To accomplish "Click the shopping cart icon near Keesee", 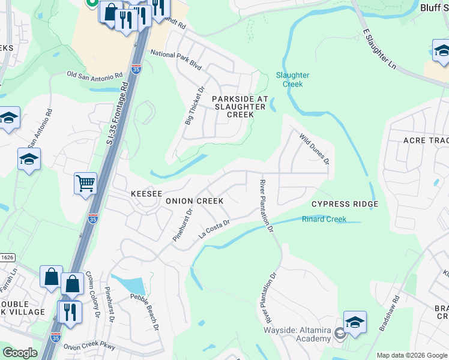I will [85, 184].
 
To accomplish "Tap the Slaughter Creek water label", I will [292, 80].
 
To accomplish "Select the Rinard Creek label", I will [324, 219].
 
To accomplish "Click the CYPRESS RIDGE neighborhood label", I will [345, 204].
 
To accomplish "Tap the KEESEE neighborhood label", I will [146, 194].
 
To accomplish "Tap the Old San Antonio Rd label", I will [95, 75].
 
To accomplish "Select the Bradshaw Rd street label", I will [388, 313].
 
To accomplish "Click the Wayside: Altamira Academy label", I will [297, 335].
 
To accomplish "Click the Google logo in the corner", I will [20, 353].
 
